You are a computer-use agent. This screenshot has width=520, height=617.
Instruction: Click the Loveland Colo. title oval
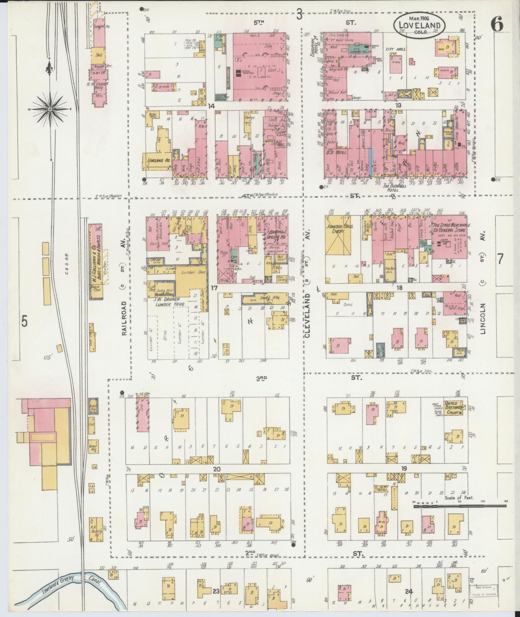pos(419,25)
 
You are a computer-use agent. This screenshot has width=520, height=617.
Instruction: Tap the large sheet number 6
pos(497,25)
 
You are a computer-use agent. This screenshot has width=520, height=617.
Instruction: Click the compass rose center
pos(50,109)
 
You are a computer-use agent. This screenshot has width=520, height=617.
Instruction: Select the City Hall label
pos(396,49)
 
